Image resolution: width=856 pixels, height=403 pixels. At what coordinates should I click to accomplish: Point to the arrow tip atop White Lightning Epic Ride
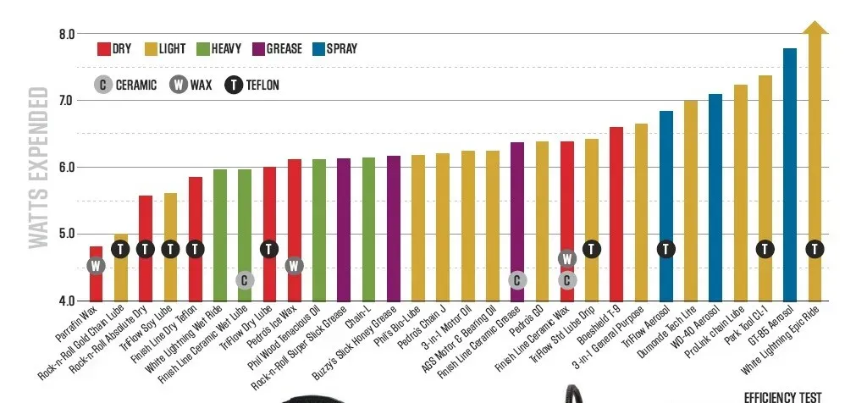[815, 27]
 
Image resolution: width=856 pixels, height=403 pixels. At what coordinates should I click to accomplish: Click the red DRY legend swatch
[104, 49]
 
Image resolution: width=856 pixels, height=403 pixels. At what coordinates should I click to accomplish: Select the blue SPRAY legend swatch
[321, 49]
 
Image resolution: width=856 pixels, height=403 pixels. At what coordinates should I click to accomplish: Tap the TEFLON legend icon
[234, 85]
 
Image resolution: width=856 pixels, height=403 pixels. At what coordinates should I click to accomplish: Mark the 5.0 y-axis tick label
[66, 234]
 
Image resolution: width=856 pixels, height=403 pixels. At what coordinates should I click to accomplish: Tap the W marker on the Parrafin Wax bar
[96, 266]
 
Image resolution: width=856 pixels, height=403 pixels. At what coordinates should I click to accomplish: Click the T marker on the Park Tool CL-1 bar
[765, 249]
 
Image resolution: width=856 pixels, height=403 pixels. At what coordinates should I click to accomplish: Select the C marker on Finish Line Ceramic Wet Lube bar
[244, 280]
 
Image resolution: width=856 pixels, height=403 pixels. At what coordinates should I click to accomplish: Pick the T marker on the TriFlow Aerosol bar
[665, 249]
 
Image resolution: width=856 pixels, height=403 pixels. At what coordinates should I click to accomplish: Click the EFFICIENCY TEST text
[782, 396]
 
